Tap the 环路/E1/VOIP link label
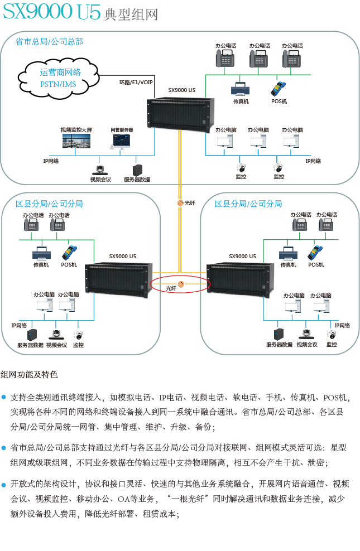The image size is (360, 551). [x=136, y=83]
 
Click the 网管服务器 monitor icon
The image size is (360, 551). [x=121, y=141]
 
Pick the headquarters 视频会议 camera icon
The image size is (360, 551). [x=100, y=170]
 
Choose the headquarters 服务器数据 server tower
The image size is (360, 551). [x=137, y=170]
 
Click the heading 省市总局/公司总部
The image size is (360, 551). [x=49, y=42]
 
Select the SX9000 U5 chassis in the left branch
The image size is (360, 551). [x=118, y=280]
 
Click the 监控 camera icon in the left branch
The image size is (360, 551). [x=78, y=335]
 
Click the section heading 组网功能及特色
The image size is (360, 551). [x=29, y=374]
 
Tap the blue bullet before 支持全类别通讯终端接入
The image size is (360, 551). [x=3, y=397]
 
